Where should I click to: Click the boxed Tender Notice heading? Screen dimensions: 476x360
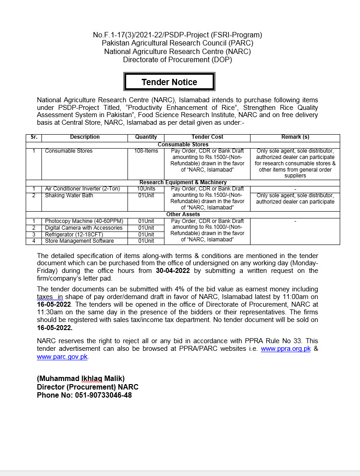(169, 82)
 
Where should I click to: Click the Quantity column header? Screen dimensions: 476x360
(146, 137)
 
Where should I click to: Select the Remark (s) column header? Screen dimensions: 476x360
(295, 137)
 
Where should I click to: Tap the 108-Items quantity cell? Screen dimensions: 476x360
(146, 151)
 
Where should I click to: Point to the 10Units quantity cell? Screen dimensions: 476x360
(146, 189)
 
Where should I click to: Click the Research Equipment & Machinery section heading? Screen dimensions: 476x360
(183, 182)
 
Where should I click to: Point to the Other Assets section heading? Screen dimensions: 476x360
(183, 214)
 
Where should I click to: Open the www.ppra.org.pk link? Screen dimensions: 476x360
(286, 349)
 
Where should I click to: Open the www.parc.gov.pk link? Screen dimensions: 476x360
(62, 357)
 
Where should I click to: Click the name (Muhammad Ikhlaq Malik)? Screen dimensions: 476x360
(81, 378)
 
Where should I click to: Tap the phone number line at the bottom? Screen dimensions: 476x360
(84, 395)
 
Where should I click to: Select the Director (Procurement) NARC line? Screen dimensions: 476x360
(87, 387)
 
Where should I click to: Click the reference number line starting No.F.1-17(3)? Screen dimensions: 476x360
(178, 35)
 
